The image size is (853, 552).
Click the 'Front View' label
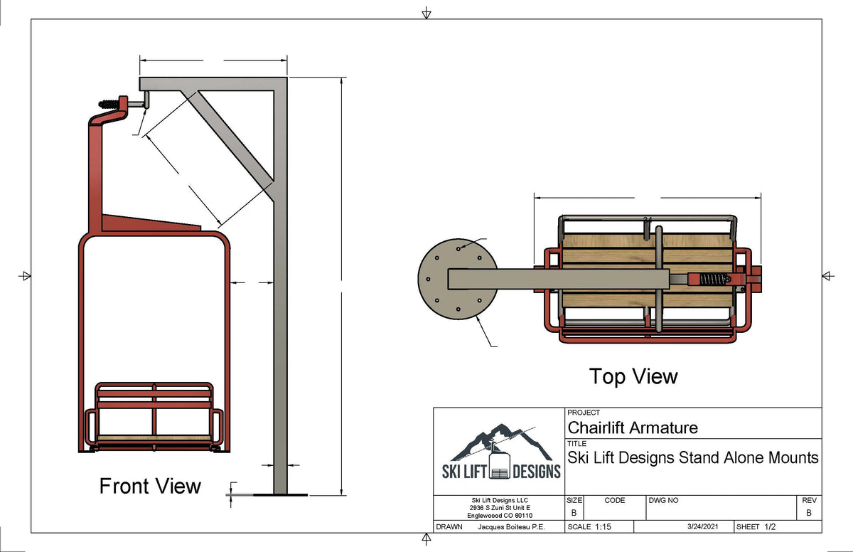pyautogui.click(x=150, y=487)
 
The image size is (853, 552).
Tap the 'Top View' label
pyautogui.click(x=633, y=376)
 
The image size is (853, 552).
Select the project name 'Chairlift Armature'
pyautogui.click(x=633, y=428)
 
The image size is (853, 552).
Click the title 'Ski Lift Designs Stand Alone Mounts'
pyautogui.click(x=693, y=457)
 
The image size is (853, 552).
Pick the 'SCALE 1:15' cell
pyautogui.click(x=589, y=527)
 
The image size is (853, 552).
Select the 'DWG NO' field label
pyautogui.click(x=664, y=501)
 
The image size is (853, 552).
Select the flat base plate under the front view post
pyautogui.click(x=281, y=494)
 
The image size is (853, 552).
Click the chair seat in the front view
pyautogui.click(x=154, y=436)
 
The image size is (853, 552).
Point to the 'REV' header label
pyautogui.click(x=807, y=501)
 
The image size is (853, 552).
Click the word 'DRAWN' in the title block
pyautogui.click(x=449, y=527)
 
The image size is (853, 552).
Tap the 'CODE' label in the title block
pyautogui.click(x=615, y=501)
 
